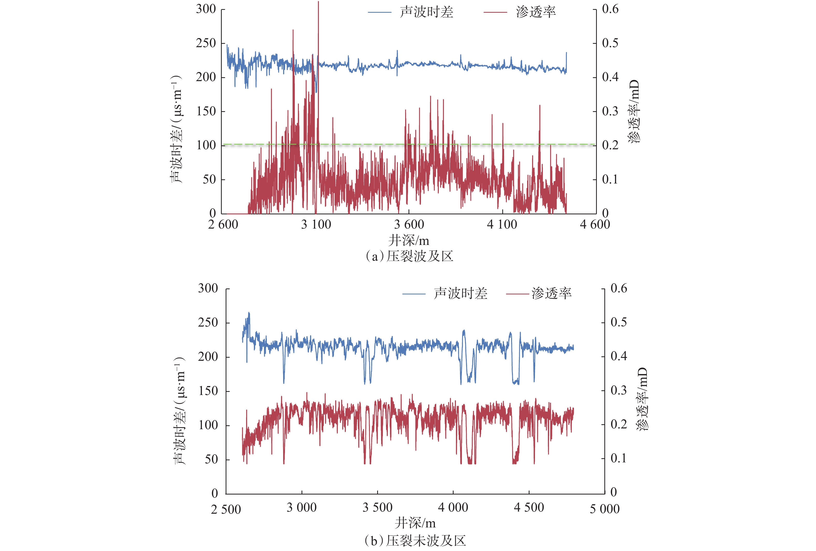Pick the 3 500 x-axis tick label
click(377, 508)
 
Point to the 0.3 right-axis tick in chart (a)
click(610, 111)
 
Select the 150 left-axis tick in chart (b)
click(208, 391)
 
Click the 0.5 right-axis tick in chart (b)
click(619, 322)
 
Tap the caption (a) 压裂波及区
click(409, 256)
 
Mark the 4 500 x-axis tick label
click(529, 508)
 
